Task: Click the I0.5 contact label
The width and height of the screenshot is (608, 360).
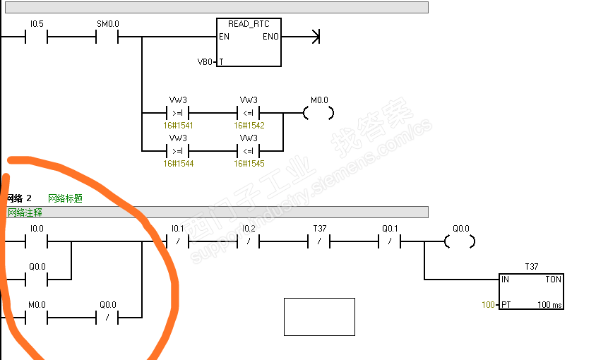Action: (x=36, y=24)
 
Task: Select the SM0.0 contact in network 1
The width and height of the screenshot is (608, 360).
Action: (x=107, y=37)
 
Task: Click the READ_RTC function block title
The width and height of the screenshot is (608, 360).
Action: (x=249, y=24)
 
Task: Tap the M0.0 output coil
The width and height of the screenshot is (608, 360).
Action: (x=318, y=112)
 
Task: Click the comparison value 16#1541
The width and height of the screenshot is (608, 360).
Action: (x=178, y=125)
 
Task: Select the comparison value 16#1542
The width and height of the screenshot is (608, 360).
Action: (x=249, y=125)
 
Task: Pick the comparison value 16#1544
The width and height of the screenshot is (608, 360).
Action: (x=178, y=163)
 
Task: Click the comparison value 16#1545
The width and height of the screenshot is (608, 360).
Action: (x=249, y=163)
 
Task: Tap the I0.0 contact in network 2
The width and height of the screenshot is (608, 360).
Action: (x=36, y=241)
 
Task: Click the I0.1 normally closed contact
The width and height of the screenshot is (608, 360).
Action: (x=177, y=241)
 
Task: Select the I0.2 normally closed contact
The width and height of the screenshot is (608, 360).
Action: (x=248, y=241)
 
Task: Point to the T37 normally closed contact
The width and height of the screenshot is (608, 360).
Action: (x=319, y=241)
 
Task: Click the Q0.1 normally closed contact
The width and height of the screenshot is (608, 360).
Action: (x=390, y=241)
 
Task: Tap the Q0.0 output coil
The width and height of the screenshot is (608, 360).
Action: (x=460, y=241)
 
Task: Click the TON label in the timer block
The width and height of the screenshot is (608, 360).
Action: (x=553, y=280)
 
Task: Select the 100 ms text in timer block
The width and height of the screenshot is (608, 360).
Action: (x=549, y=305)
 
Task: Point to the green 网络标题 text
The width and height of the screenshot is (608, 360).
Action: (x=65, y=199)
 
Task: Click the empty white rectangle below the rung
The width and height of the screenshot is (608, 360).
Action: (x=319, y=317)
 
